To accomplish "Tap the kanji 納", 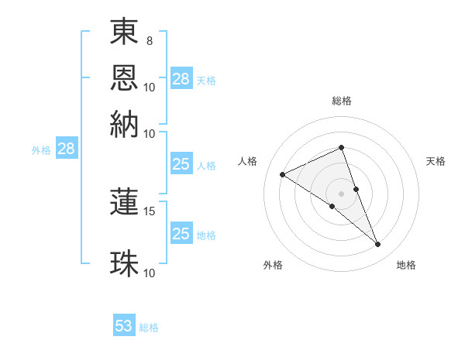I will [125, 124].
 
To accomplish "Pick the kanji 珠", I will [125, 263].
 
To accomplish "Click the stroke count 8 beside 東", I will [150, 40].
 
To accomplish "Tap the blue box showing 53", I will [124, 326].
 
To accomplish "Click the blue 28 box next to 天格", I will [181, 79].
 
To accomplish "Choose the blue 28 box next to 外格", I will [67, 149].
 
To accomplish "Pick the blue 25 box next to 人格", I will [181, 164].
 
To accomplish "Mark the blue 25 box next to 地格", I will [181, 234].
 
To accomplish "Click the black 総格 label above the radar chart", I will [342, 101].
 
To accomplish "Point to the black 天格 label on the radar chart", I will [436, 161].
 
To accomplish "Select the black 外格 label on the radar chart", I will [273, 265].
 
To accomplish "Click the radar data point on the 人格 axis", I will [283, 175].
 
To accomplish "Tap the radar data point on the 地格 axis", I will [378, 245].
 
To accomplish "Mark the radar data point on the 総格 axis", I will [342, 147].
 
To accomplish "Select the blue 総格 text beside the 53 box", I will [149, 328].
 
